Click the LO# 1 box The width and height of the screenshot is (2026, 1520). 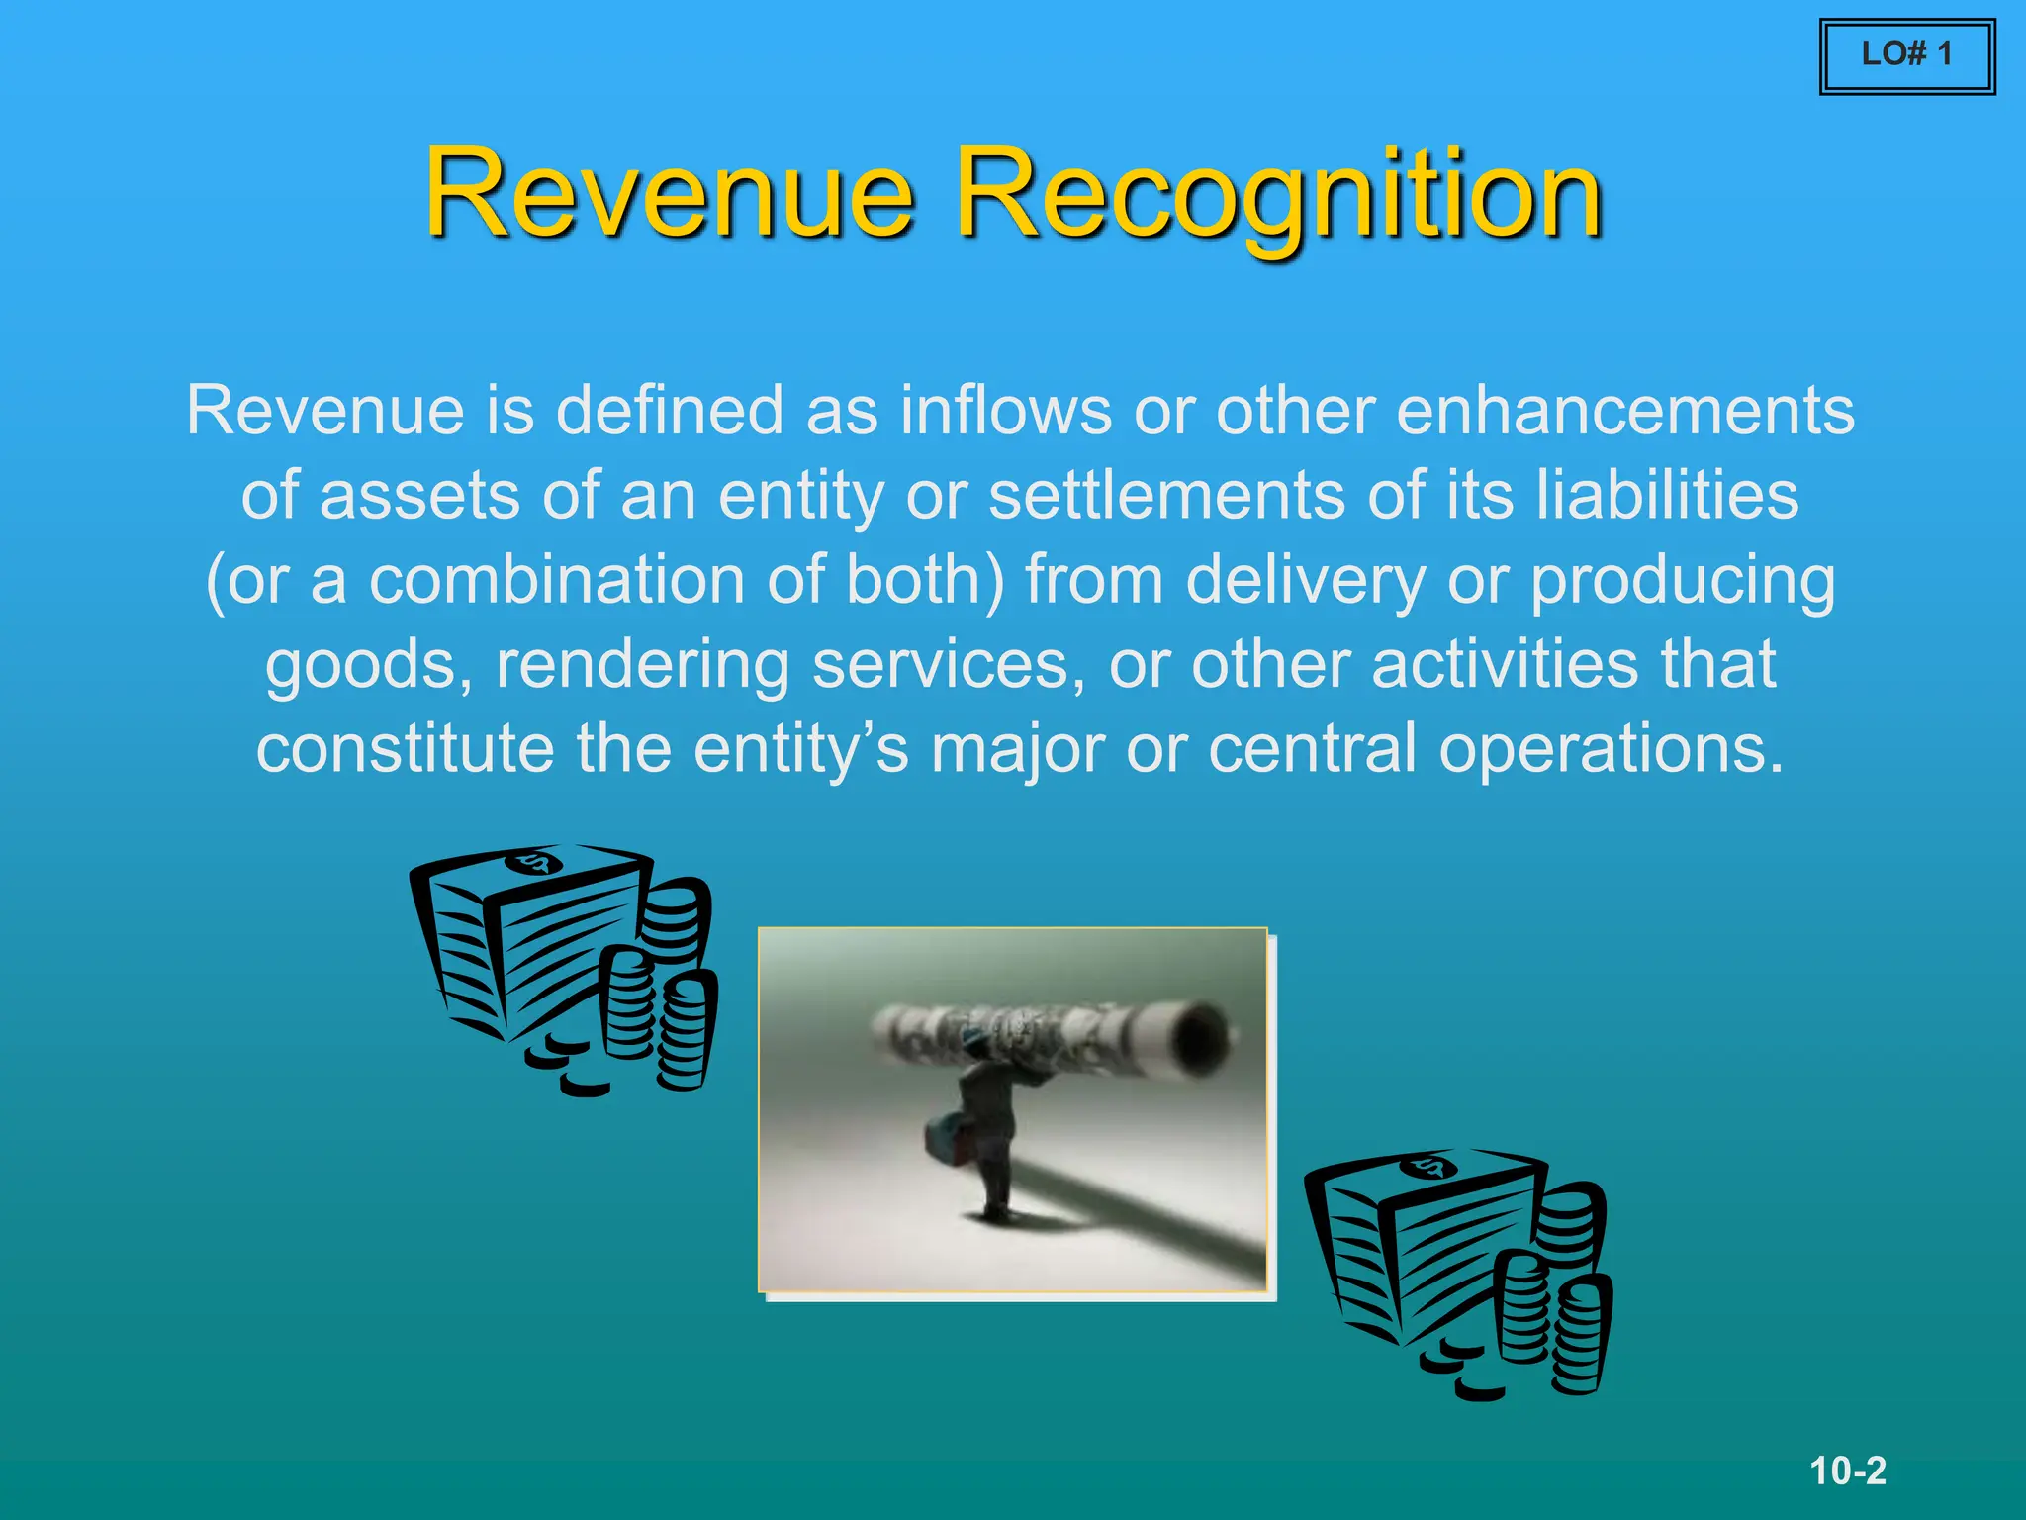coord(1906,55)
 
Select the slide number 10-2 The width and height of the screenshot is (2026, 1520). coord(1848,1471)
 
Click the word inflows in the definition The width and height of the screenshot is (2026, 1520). coord(1005,410)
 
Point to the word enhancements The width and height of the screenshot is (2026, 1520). coord(1624,410)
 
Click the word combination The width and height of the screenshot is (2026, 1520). coord(557,579)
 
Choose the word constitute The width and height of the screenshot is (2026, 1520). coord(405,748)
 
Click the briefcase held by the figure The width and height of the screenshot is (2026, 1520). coord(946,1138)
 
